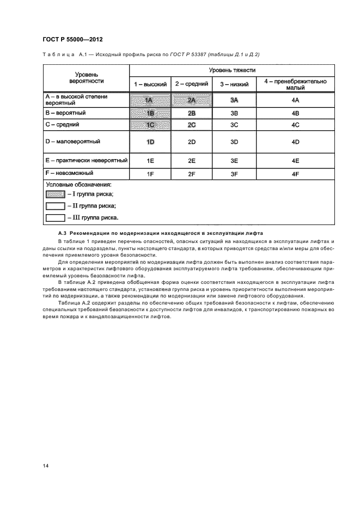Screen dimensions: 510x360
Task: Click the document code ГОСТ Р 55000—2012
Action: [x=72, y=40]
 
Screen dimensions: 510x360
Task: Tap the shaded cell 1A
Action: [x=150, y=100]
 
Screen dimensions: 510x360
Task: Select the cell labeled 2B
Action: [x=191, y=113]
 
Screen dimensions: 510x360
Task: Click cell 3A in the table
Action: [x=234, y=100]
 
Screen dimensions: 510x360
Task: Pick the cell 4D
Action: [x=295, y=142]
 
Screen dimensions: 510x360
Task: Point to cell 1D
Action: [x=150, y=142]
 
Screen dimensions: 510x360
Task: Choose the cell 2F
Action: [x=191, y=174]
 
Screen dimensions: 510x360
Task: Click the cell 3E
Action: [x=234, y=161]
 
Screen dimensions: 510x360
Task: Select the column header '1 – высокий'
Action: [x=150, y=84]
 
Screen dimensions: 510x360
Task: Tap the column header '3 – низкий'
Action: [x=234, y=84]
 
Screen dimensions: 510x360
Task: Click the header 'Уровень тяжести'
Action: [x=232, y=70]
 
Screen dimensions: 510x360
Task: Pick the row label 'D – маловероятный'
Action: [x=72, y=142]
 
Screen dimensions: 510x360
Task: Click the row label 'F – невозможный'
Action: [x=68, y=173]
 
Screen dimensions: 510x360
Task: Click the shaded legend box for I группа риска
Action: [x=54, y=194]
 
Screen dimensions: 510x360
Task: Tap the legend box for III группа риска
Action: [x=54, y=217]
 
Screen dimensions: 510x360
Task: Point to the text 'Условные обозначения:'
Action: [x=78, y=185]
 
